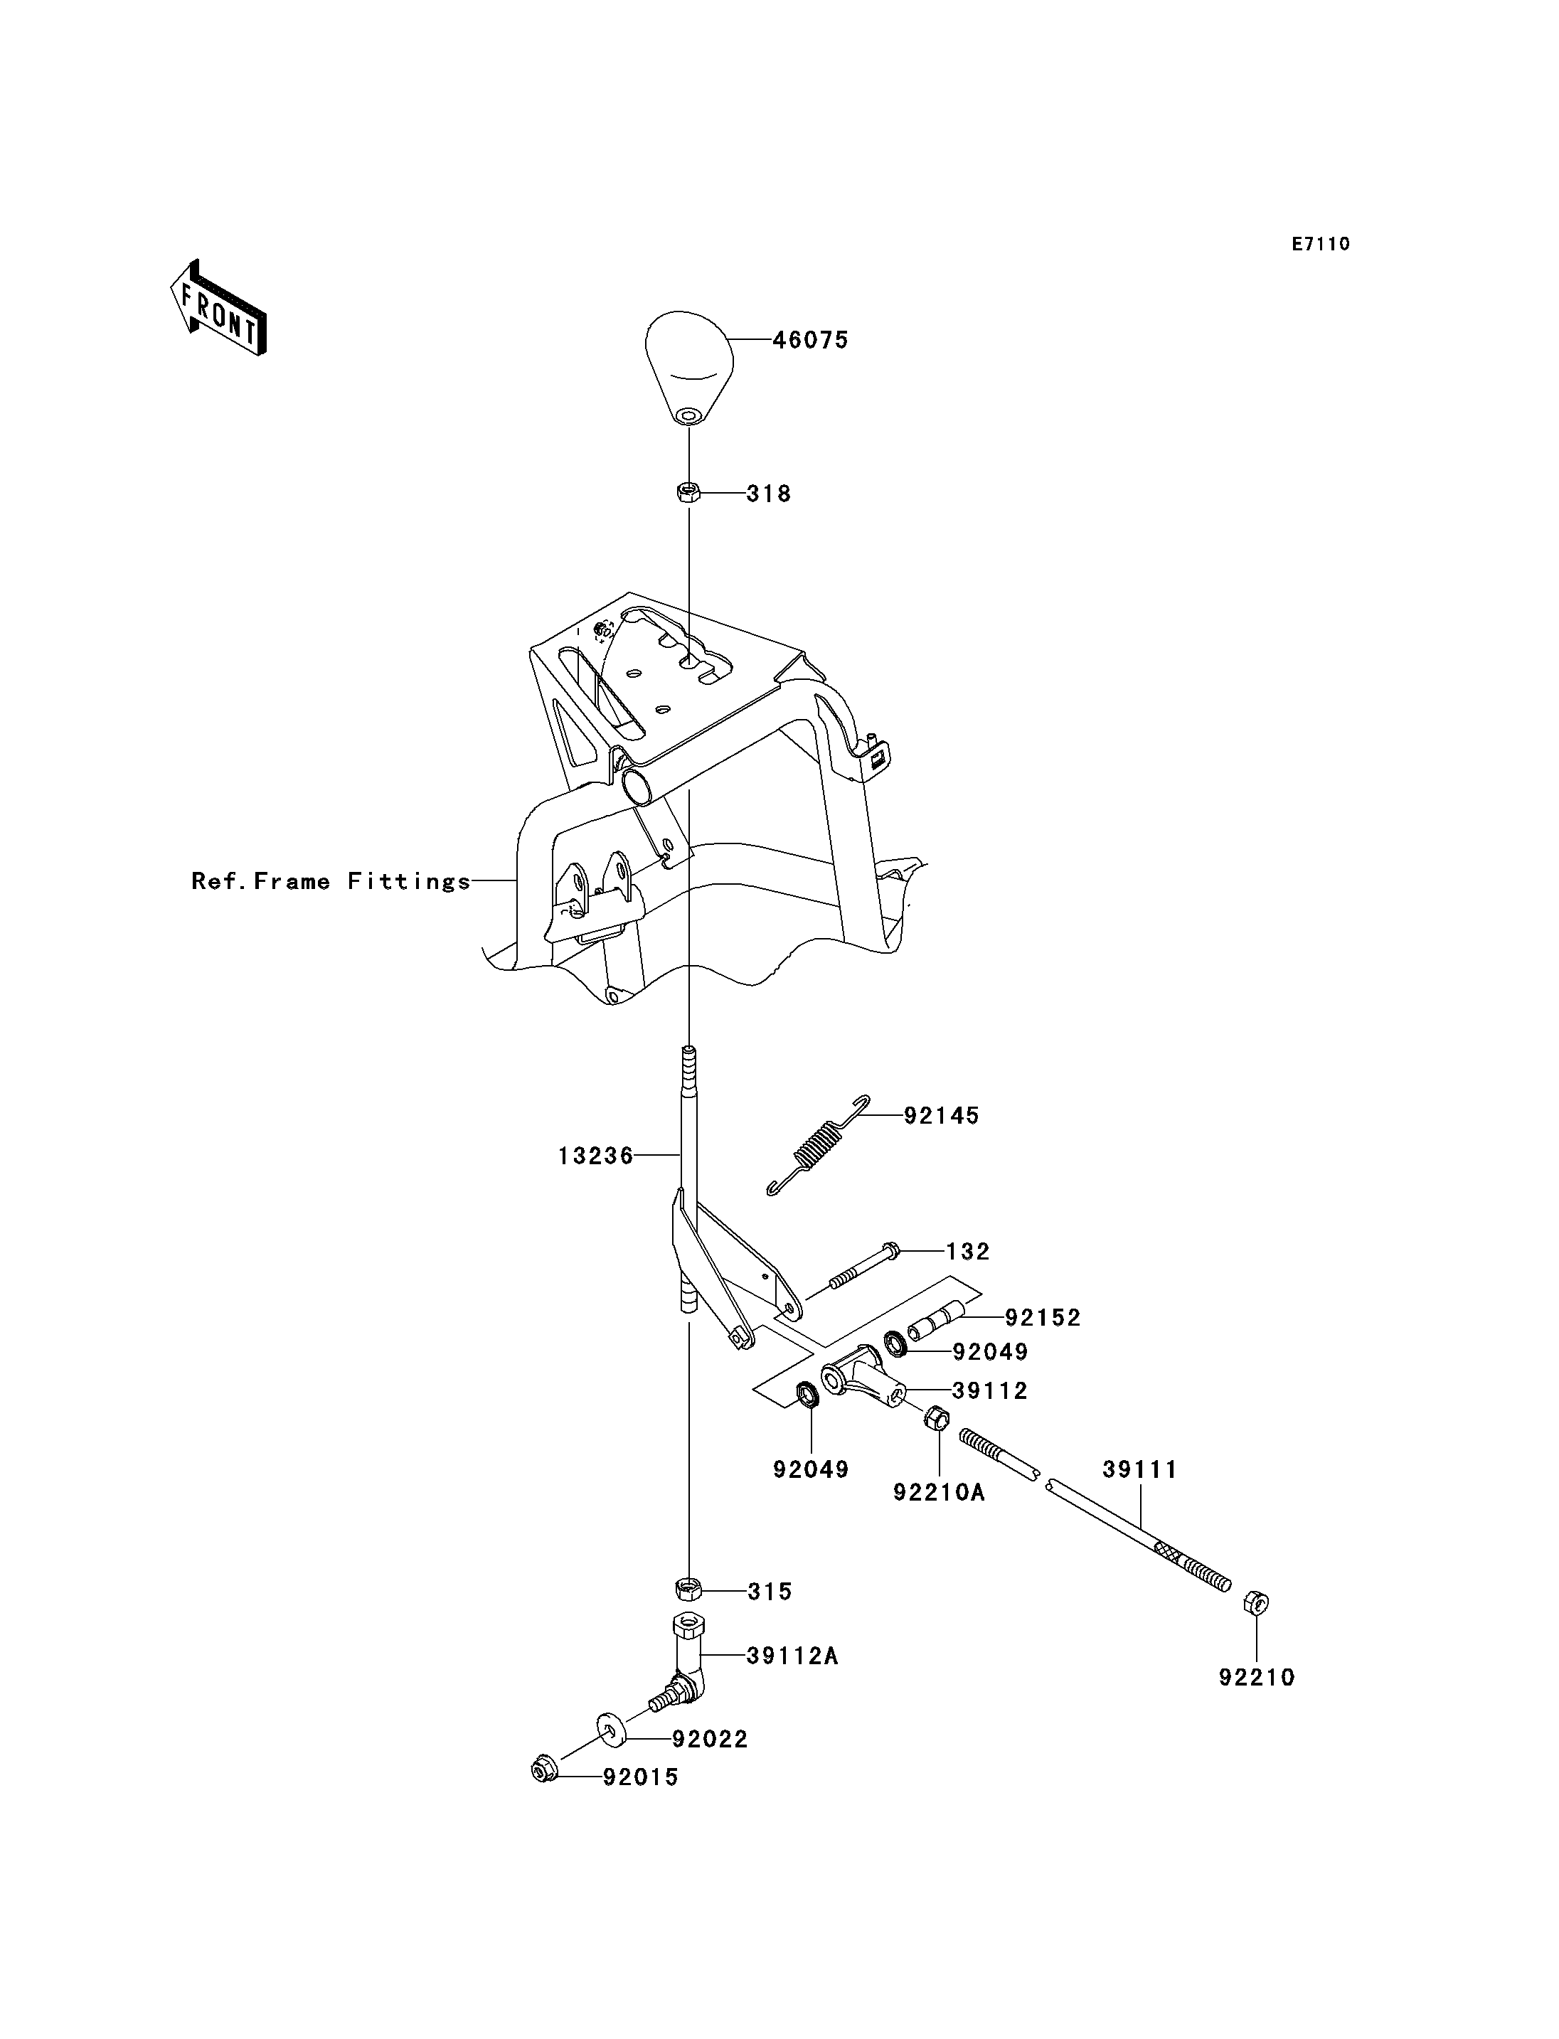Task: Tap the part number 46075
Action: [811, 341]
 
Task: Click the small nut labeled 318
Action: [688, 492]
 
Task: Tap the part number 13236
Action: [596, 1156]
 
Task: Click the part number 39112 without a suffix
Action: [990, 1390]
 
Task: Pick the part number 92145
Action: [942, 1116]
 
